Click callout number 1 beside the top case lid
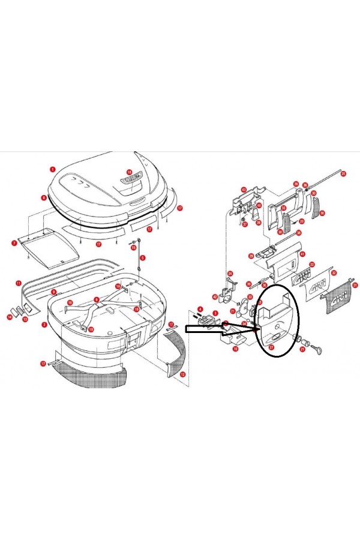coord(53,170)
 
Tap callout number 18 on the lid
coord(128,172)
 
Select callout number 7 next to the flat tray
coord(14,243)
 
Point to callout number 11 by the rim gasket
coord(19,283)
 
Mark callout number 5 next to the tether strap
coord(143,257)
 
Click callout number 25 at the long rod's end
coord(343,174)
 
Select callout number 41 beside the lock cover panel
coord(302,254)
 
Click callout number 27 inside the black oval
coord(271,347)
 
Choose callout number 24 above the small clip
coord(230,274)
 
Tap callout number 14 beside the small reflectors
coord(10,316)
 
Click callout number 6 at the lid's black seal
coord(44,197)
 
